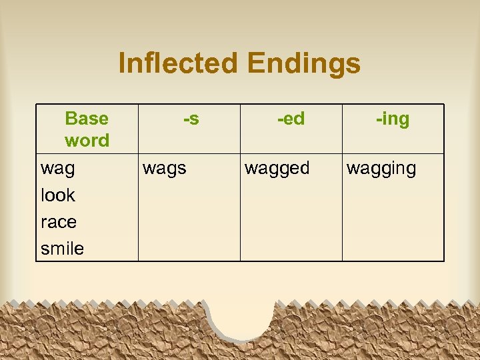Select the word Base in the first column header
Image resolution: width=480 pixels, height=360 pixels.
pos(87,119)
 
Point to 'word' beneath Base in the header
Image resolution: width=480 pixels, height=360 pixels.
pos(87,141)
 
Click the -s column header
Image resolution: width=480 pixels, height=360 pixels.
pos(191,119)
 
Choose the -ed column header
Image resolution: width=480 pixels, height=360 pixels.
pos(291,119)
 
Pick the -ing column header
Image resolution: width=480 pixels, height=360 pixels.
pos(393,119)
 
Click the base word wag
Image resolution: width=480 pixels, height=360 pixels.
pos(58,169)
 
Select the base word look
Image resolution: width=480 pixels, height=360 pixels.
pos(58,195)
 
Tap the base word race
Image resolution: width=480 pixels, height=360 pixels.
pos(59,222)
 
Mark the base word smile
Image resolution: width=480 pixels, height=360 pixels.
pos(62,249)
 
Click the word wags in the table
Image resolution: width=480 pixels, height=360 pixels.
pos(165,169)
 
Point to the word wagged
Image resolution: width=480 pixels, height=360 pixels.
pos(277,169)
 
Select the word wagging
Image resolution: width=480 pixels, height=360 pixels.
pos(381,169)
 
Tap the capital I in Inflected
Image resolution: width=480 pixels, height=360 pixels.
pos(122,64)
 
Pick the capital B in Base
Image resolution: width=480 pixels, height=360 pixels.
pos(71,119)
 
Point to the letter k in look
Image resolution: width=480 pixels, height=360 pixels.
pos(71,195)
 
